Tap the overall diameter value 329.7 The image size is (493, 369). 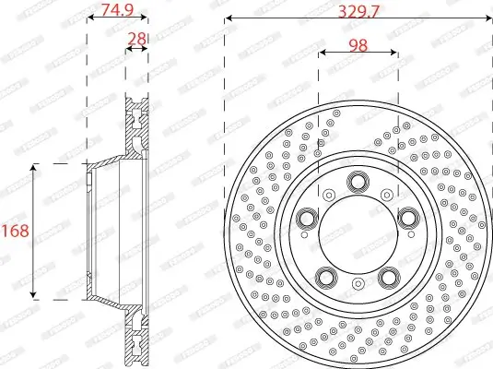click(358, 11)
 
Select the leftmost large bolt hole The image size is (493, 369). click(305, 219)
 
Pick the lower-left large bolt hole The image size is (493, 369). click(325, 277)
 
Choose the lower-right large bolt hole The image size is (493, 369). click(389, 277)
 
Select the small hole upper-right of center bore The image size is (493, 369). click(385, 195)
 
